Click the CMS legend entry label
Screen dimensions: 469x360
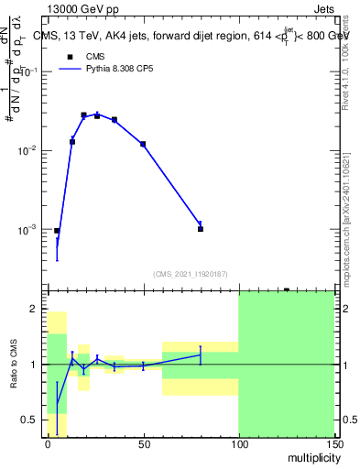click(x=95, y=56)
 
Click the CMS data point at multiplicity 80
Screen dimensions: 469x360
click(x=200, y=229)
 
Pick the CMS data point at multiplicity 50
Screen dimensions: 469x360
click(x=143, y=144)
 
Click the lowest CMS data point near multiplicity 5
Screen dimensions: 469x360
click(x=57, y=231)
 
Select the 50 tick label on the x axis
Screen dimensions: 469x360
click(x=143, y=443)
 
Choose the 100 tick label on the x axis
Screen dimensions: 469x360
click(x=238, y=443)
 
